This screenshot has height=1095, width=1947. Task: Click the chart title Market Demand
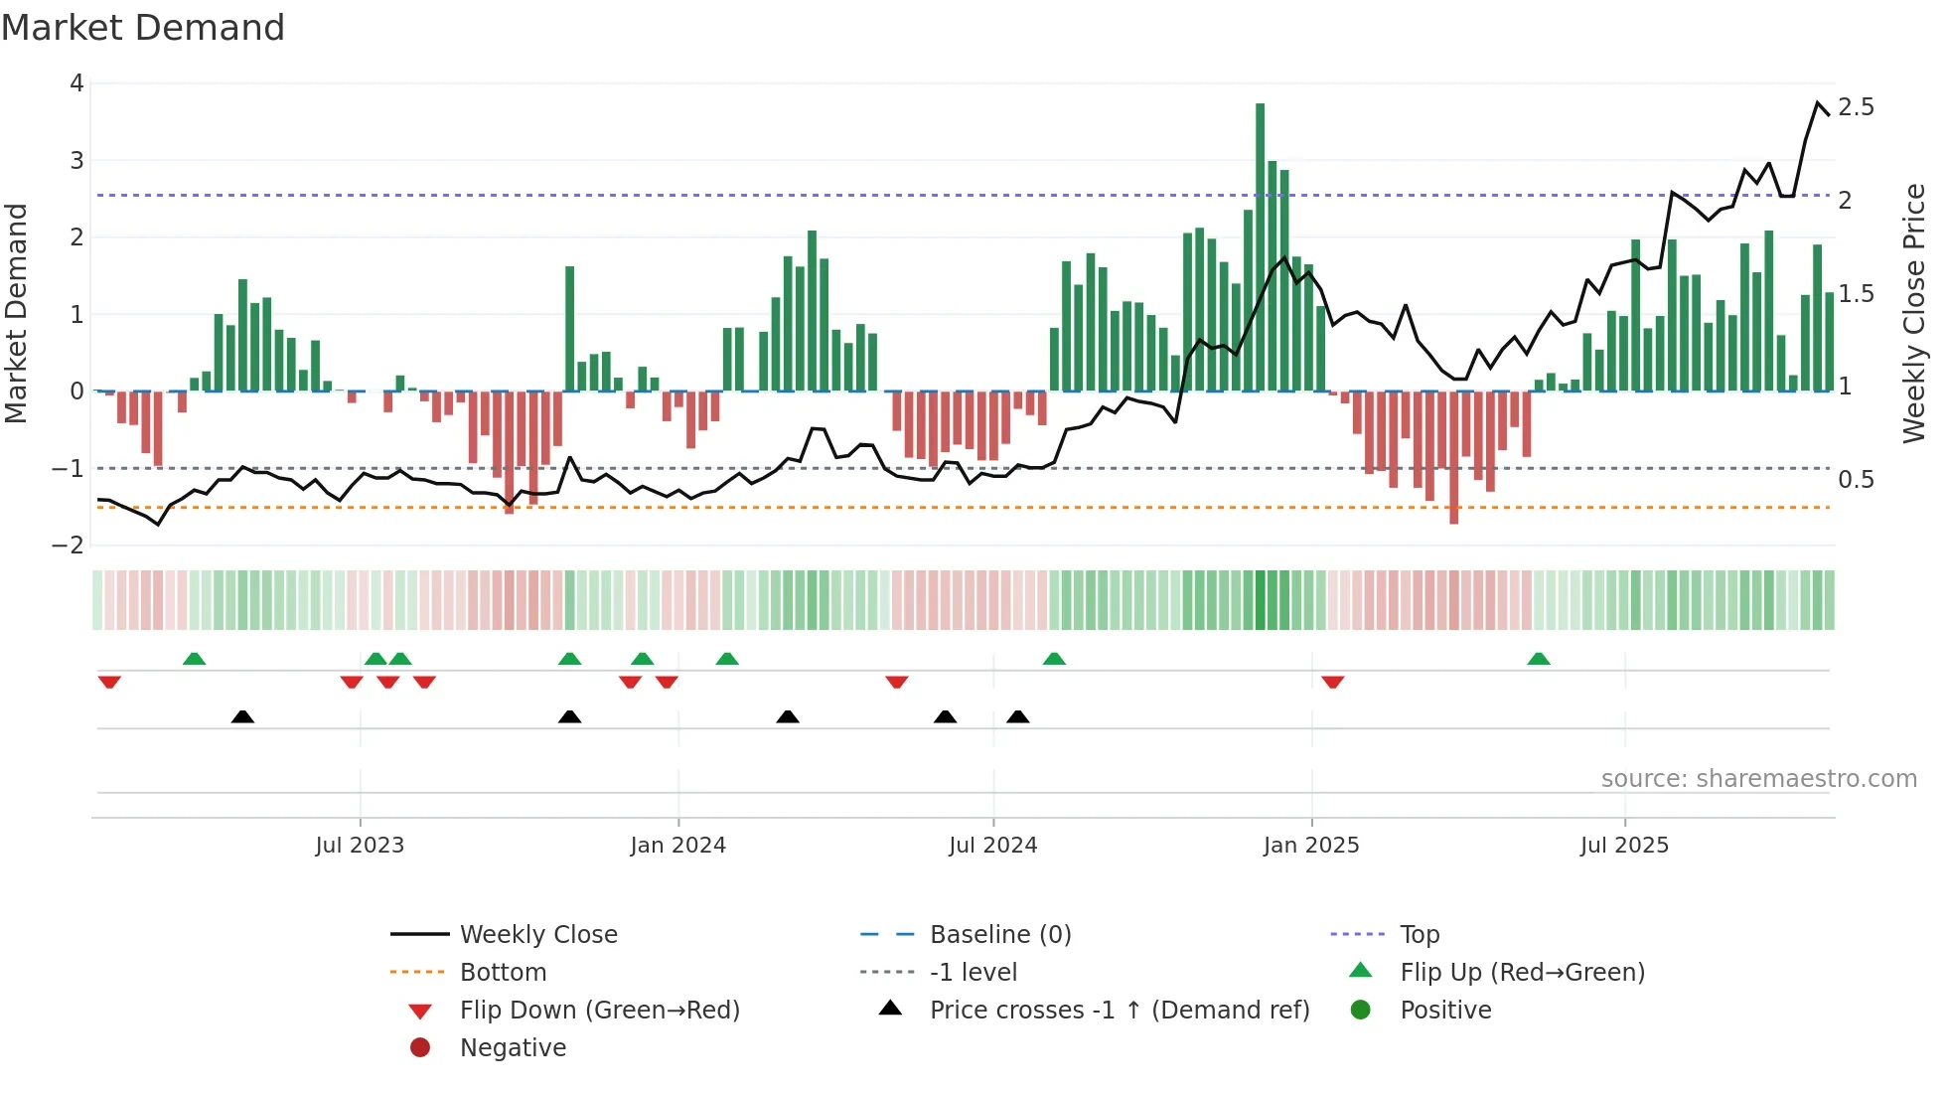(x=143, y=28)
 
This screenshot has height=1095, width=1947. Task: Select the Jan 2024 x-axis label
(x=677, y=846)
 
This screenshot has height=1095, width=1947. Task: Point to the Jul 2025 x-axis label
(x=1624, y=846)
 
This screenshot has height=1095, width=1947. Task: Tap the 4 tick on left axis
(x=76, y=83)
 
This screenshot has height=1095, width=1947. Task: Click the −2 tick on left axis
(x=69, y=546)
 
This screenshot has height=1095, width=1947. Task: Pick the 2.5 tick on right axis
(x=1856, y=107)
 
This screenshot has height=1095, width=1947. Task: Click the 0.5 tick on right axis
(x=1856, y=480)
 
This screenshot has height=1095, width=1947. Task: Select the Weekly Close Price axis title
(x=1913, y=313)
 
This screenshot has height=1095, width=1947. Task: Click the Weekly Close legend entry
(x=537, y=935)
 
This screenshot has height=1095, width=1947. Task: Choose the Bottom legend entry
(x=503, y=973)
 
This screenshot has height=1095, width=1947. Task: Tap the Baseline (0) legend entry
(x=999, y=935)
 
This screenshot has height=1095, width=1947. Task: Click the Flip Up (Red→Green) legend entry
(x=1522, y=973)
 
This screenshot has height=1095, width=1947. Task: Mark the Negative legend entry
(x=513, y=1048)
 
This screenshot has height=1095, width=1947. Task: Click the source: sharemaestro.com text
(x=1758, y=779)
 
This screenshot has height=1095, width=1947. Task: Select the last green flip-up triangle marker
(x=1538, y=660)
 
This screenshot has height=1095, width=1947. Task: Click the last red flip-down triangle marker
(x=1332, y=682)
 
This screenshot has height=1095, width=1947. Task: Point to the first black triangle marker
(x=242, y=716)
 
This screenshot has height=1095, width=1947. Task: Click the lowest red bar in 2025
(x=1453, y=457)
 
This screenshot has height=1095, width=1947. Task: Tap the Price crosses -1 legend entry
(x=1119, y=1011)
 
